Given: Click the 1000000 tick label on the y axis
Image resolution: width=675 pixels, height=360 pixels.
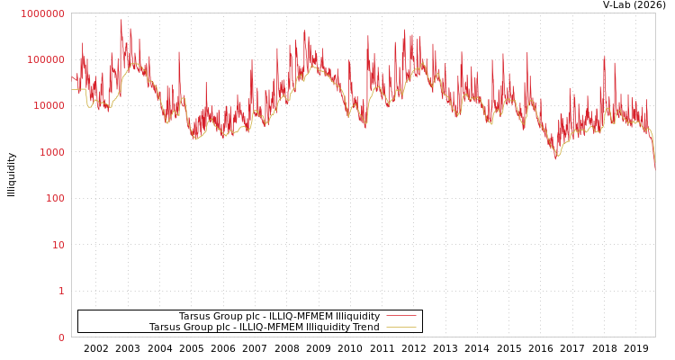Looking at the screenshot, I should tap(42, 13).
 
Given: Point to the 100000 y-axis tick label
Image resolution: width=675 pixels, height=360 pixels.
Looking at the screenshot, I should tap(45, 59).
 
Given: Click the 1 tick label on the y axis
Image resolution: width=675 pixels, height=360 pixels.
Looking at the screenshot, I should tap(61, 292).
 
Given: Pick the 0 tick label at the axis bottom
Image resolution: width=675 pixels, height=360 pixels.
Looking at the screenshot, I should tap(61, 337).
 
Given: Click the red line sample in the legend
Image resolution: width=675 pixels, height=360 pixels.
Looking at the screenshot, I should tap(401, 317).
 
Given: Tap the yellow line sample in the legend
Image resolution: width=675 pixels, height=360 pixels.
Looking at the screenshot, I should tap(401, 328).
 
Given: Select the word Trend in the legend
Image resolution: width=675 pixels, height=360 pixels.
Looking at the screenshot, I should tap(364, 328).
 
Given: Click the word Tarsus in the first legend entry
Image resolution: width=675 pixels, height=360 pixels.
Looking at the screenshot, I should tap(194, 317).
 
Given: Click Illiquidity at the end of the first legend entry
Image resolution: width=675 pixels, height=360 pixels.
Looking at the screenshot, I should tap(357, 317).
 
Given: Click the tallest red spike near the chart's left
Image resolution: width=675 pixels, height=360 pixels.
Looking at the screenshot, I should tap(121, 21).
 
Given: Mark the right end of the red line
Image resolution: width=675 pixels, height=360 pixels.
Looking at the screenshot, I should tap(654, 167).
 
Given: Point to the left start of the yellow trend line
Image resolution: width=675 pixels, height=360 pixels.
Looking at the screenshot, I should tap(72, 89).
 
